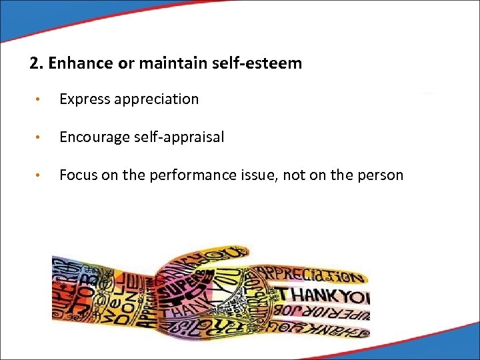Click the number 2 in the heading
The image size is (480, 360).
click(x=34, y=64)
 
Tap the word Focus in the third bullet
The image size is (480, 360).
click(x=77, y=175)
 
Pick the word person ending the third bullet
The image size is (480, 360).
click(x=381, y=175)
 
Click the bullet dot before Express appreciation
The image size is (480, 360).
click(x=41, y=100)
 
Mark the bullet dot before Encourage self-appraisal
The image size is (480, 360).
click(x=41, y=138)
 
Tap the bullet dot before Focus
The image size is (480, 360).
click(x=41, y=176)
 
